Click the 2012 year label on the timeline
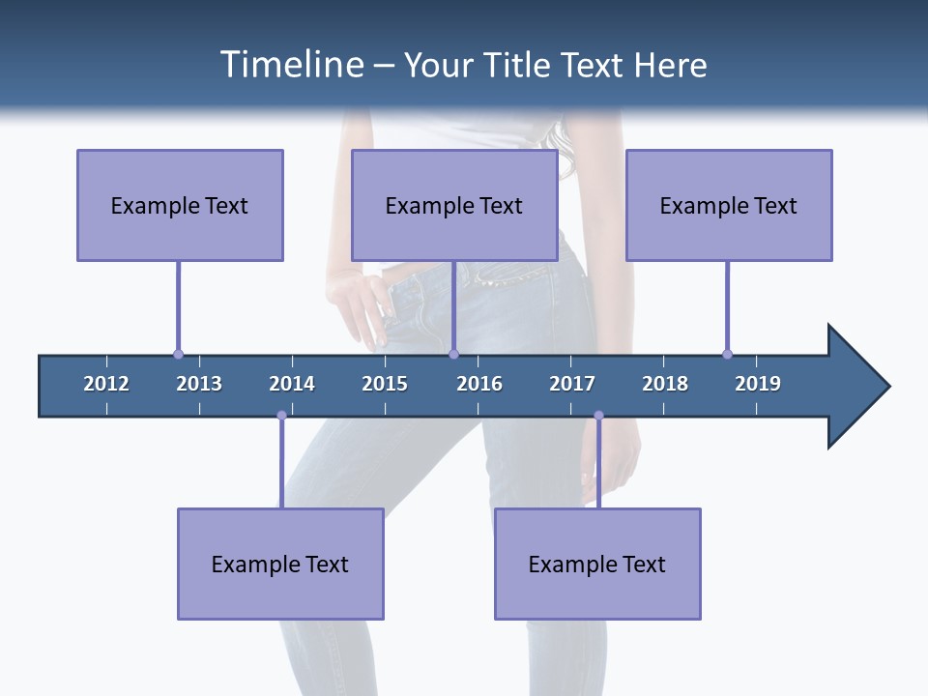[x=106, y=384]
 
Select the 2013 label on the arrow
[x=199, y=384]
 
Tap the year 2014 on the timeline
[x=292, y=384]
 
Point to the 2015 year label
[x=385, y=384]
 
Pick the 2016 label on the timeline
[x=479, y=384]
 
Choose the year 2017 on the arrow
[x=572, y=384]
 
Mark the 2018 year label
[x=665, y=384]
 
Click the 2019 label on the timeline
[x=758, y=384]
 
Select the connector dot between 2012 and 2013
[x=178, y=354]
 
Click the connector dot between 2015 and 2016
[x=453, y=354]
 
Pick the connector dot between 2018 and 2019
[x=727, y=354]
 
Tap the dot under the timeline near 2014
[x=281, y=416]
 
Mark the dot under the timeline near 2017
[x=598, y=416]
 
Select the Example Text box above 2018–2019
[x=729, y=205]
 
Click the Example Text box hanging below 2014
[x=280, y=564]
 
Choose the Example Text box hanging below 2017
[x=597, y=564]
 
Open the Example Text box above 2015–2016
[x=454, y=205]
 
